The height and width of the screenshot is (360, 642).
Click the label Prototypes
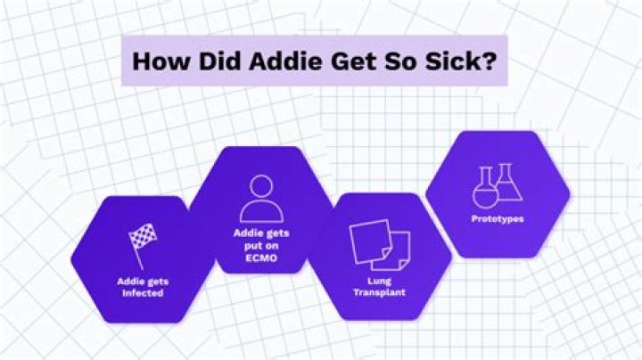tap(498, 217)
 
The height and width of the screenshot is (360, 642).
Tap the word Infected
tap(144, 292)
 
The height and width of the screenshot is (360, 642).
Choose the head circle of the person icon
tap(261, 186)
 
